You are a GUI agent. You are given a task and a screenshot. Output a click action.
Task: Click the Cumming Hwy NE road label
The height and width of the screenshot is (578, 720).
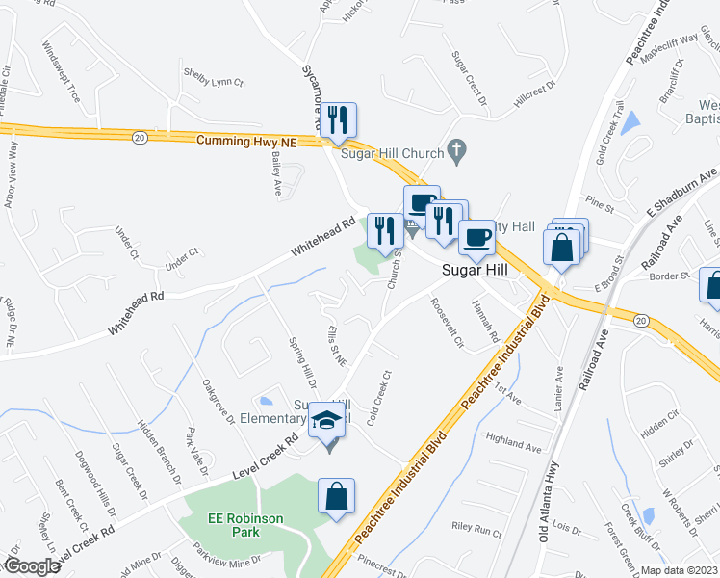coord(247,141)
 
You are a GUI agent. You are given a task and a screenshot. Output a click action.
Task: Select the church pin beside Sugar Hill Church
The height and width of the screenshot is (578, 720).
coord(459,151)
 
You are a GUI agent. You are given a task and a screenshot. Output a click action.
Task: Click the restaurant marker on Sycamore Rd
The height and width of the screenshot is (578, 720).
coord(338,120)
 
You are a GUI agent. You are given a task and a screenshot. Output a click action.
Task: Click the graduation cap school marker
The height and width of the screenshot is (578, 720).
coord(327,421)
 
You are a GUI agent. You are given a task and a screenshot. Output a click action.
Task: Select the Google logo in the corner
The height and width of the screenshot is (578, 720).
coord(32,566)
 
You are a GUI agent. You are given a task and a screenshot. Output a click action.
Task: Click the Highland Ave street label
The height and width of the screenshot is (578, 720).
coord(515,446)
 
